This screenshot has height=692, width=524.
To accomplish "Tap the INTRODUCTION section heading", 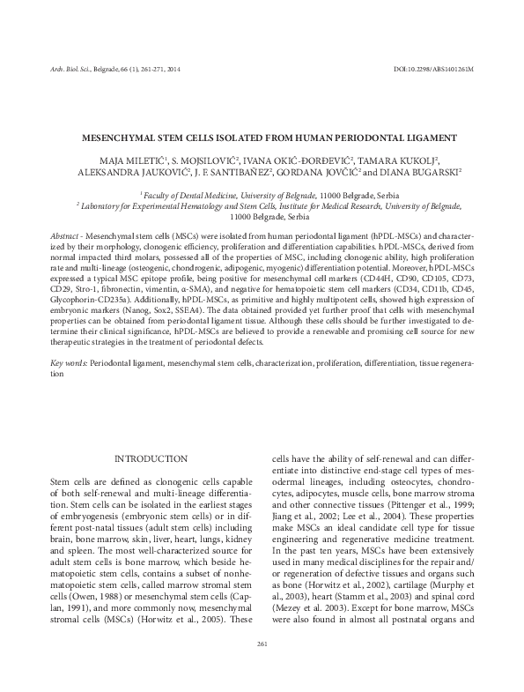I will (x=151, y=459).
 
